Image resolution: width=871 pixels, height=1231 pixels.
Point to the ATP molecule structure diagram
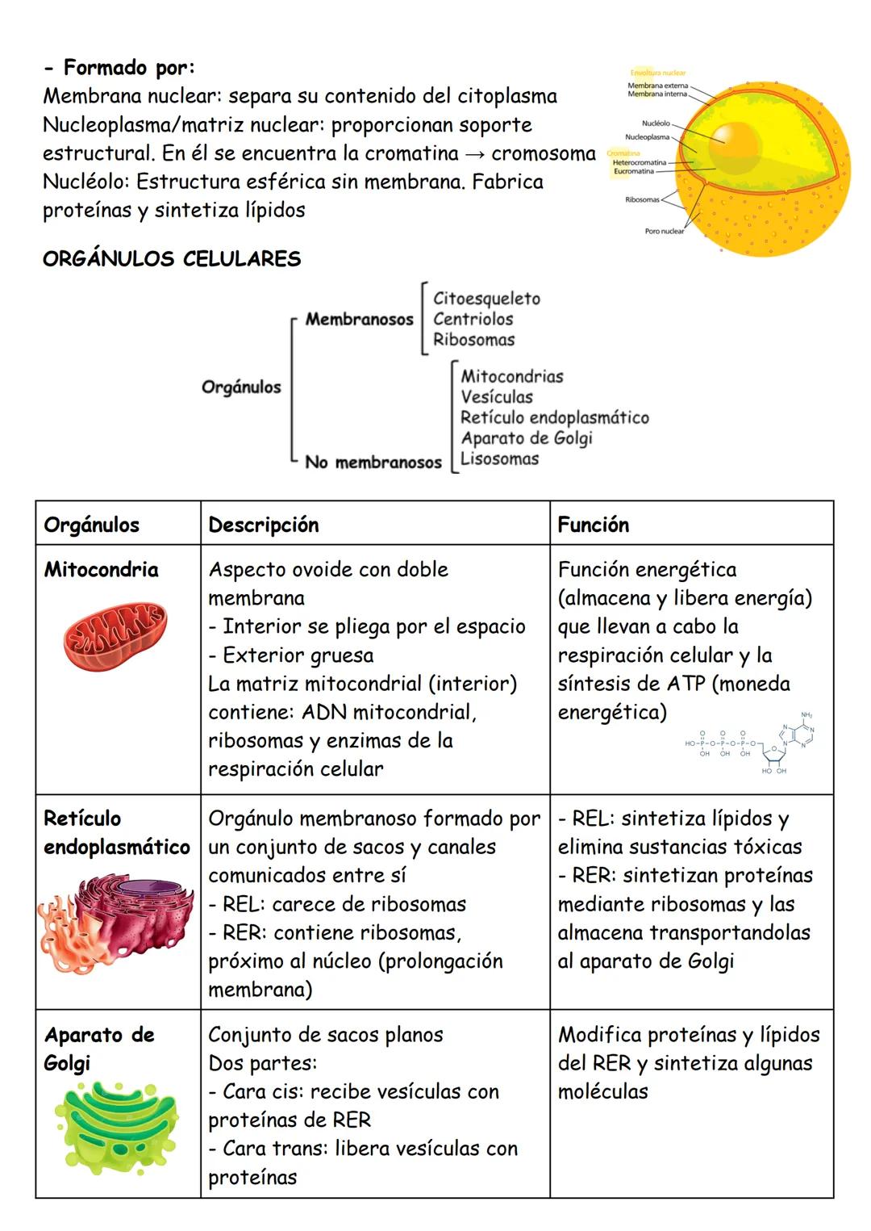click(x=750, y=743)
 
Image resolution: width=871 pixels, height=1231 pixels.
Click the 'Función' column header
click(x=594, y=525)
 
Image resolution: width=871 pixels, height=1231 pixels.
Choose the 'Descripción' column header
click(x=264, y=525)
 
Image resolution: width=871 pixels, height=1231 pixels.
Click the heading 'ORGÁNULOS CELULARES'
click(x=172, y=259)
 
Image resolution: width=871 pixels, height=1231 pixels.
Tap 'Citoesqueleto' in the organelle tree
click(x=486, y=299)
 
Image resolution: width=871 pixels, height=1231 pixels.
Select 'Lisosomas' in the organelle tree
click(x=499, y=458)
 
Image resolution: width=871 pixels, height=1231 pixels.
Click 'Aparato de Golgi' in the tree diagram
click(x=527, y=438)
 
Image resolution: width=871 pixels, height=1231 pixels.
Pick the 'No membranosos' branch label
click(x=373, y=463)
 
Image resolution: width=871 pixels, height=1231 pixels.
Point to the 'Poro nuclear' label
click(x=664, y=232)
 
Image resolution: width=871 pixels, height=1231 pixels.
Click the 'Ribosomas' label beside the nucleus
click(x=642, y=199)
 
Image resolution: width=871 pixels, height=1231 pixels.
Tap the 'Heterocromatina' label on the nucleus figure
click(x=639, y=163)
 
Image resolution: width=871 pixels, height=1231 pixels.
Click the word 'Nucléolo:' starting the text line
click(x=78, y=182)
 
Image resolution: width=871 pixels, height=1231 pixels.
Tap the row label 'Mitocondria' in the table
click(x=101, y=570)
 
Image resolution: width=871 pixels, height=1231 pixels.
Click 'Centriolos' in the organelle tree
click(x=473, y=319)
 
